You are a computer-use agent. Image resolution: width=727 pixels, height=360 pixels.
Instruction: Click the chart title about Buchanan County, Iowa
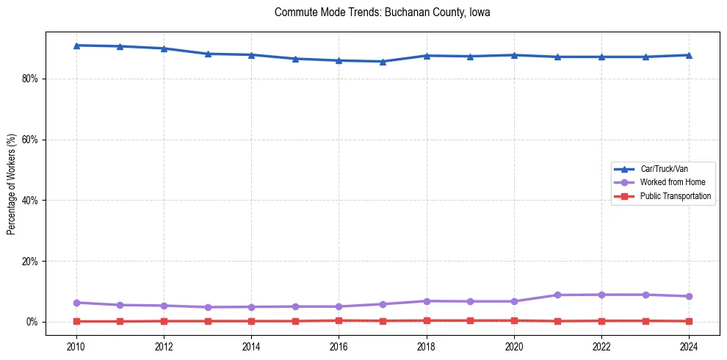click(382, 12)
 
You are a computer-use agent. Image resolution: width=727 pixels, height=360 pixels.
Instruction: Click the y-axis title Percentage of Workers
click(11, 184)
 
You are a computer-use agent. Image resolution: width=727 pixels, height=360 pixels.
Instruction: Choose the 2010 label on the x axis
click(76, 347)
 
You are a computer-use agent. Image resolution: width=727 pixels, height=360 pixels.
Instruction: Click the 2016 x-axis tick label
click(339, 347)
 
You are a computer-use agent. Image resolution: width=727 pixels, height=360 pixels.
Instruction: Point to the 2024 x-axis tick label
click(689, 347)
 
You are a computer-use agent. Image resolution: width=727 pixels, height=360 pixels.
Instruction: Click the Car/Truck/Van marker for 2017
click(383, 62)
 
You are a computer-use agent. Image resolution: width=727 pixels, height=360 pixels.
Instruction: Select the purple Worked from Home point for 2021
click(557, 295)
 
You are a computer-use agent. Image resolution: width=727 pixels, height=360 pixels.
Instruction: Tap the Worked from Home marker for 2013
click(207, 307)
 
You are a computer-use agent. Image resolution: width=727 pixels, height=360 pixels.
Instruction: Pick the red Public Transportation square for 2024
click(689, 321)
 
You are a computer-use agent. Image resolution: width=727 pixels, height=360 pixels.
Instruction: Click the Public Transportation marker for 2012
click(164, 321)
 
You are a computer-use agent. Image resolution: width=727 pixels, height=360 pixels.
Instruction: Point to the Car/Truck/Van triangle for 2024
click(689, 55)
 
